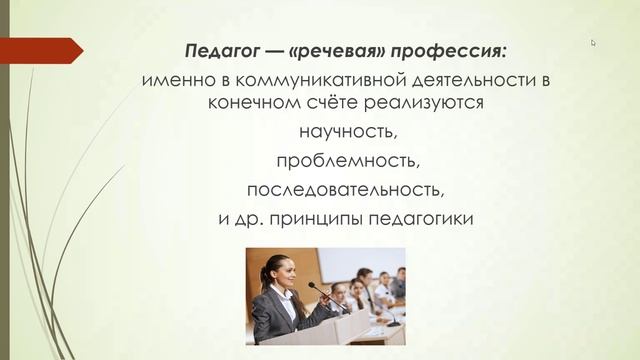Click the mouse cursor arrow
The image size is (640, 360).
[593, 42]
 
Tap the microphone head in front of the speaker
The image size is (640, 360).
[310, 285]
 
